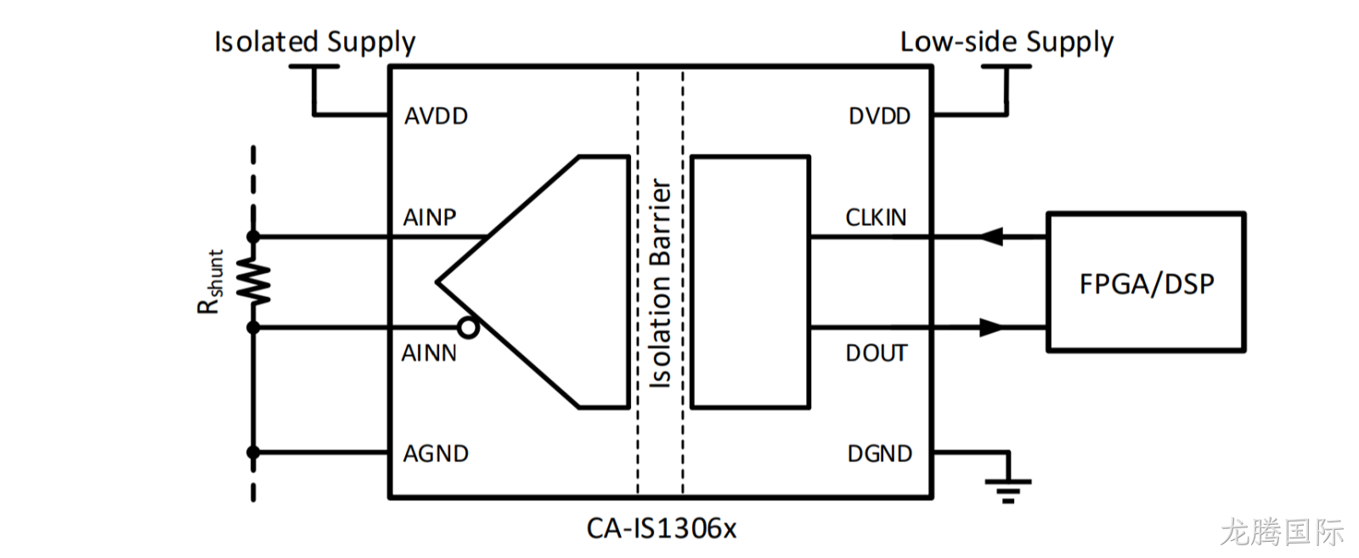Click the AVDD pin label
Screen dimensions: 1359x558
(437, 116)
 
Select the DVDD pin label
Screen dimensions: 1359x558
(880, 116)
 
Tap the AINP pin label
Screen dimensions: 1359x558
(430, 217)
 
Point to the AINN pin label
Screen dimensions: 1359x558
(429, 353)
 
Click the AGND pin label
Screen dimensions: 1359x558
(437, 454)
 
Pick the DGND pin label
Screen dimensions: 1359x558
(880, 454)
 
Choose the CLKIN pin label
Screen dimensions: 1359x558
(876, 217)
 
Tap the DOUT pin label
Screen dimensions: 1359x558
(877, 353)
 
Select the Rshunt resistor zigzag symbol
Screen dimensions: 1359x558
(253, 282)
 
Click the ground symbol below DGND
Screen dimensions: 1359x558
(1008, 491)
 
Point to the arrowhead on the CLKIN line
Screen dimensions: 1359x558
(991, 237)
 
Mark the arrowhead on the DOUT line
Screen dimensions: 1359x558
(991, 328)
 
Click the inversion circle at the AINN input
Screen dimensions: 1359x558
(468, 328)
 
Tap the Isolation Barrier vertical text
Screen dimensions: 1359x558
(660, 283)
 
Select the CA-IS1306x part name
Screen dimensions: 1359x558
(662, 528)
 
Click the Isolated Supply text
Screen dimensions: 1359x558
(315, 42)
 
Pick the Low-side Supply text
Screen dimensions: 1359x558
(1007, 42)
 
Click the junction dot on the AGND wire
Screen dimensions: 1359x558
(253, 453)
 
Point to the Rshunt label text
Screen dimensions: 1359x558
(211, 282)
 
